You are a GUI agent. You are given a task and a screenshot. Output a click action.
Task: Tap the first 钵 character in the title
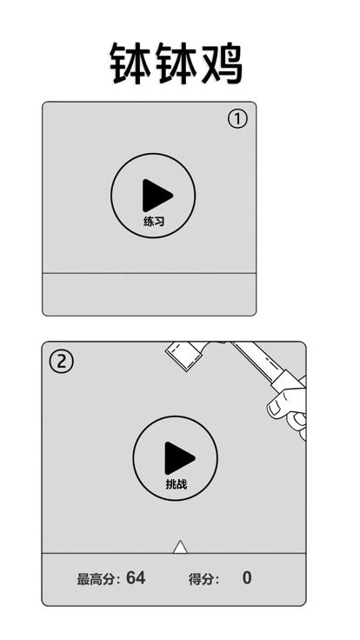click(130, 64)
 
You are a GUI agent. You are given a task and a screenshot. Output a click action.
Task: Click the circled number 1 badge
click(237, 120)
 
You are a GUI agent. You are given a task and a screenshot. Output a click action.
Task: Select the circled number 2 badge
click(61, 362)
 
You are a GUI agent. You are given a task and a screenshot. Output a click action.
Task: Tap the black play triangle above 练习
click(157, 196)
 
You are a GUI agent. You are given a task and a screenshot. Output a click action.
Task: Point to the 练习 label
click(154, 222)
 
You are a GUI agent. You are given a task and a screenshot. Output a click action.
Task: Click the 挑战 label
click(177, 484)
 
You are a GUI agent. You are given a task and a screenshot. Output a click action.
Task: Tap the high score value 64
click(136, 578)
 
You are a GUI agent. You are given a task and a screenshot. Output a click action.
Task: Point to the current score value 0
click(247, 578)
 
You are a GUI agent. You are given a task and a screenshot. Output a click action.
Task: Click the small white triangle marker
click(180, 548)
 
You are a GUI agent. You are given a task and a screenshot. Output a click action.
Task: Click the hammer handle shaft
click(253, 360)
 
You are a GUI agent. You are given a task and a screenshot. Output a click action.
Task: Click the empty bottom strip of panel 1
click(149, 294)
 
